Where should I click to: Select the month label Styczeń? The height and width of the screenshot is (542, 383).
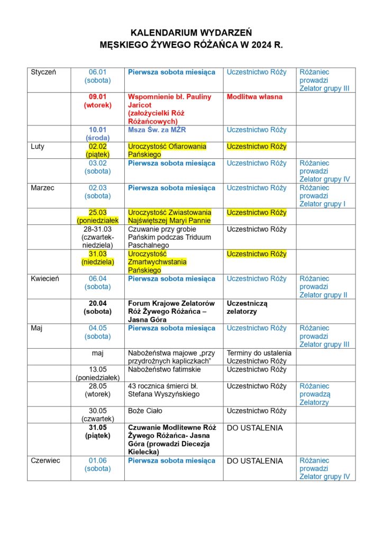pos(44,72)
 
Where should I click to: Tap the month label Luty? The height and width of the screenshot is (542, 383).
pos(39,147)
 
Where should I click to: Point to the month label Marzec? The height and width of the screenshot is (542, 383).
pos(43,188)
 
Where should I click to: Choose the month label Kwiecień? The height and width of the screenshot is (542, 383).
pos(45,279)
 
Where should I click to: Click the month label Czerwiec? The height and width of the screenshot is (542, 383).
pos(45,460)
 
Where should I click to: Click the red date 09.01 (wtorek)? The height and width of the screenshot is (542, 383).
pos(98,101)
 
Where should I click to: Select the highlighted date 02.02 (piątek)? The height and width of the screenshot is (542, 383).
pos(98,151)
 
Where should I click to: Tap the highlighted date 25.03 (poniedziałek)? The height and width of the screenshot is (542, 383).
pos(98,216)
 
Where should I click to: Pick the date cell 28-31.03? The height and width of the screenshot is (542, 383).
pos(98,238)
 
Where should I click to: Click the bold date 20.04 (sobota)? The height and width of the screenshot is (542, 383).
pos(98,308)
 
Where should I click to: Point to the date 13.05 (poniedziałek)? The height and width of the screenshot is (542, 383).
pos(98,373)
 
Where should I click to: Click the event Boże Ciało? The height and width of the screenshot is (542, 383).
pos(145,411)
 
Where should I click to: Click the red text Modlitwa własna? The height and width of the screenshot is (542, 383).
pos(254,97)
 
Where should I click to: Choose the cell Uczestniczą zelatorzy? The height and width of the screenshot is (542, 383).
pos(247,308)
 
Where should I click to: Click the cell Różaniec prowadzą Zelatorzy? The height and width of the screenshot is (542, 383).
pos(314,394)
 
